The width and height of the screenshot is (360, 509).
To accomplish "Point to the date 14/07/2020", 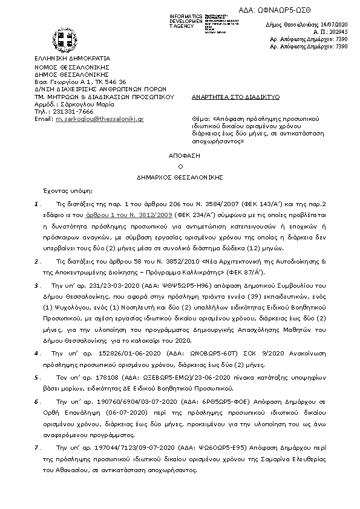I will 333,21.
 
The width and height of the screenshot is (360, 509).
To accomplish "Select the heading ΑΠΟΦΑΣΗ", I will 179,155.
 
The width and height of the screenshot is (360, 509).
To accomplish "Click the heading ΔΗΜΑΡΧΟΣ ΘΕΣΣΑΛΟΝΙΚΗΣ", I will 179,177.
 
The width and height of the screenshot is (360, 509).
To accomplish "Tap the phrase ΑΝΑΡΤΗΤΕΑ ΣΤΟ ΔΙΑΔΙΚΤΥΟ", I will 225,96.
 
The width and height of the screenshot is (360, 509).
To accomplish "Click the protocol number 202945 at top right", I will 338,29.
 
